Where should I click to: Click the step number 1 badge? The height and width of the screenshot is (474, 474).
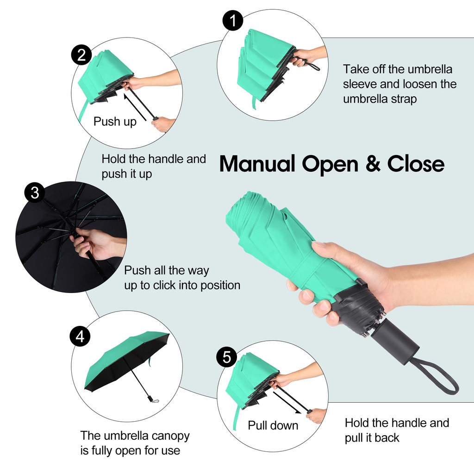point(232,20)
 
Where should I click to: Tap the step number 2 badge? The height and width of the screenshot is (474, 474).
point(81,56)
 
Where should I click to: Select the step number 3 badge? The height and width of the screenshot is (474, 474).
point(35,192)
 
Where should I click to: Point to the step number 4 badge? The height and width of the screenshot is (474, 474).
point(80,336)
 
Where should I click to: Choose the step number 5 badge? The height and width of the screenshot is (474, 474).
point(227,357)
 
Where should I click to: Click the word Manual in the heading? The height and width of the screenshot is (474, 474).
point(257,163)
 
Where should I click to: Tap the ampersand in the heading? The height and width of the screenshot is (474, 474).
point(373,163)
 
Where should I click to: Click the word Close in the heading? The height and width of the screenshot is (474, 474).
point(416,163)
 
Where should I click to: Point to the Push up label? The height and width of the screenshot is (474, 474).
point(115,122)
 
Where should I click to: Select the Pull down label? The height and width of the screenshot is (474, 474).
point(273,425)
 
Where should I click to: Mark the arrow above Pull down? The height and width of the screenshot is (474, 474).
point(287,403)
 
